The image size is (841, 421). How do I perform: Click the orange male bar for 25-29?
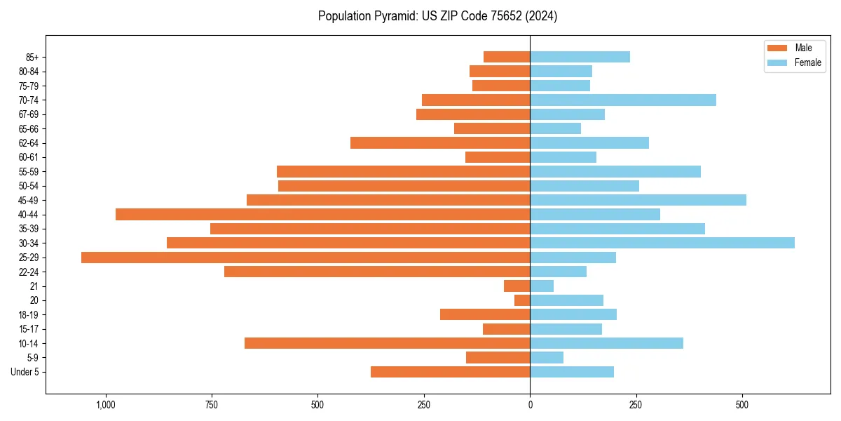[306, 258]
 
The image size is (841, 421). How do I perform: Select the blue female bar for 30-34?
[662, 243]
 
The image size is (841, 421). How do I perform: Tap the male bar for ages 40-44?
[322, 214]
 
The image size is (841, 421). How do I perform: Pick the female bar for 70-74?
[623, 100]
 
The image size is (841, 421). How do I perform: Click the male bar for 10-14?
[387, 343]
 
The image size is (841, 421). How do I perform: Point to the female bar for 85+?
[580, 57]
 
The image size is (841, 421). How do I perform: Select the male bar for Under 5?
[450, 372]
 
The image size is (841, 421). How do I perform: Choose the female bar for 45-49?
[638, 200]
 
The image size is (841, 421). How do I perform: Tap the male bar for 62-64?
[440, 143]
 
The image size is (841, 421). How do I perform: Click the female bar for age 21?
[542, 286]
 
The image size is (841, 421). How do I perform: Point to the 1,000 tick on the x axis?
[106, 405]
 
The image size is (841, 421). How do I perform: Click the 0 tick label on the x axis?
[530, 405]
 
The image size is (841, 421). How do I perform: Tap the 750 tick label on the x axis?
[212, 405]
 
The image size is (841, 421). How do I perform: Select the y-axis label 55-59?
[29, 172]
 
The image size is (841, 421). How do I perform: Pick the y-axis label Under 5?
[25, 372]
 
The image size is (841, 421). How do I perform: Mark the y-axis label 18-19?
[29, 315]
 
